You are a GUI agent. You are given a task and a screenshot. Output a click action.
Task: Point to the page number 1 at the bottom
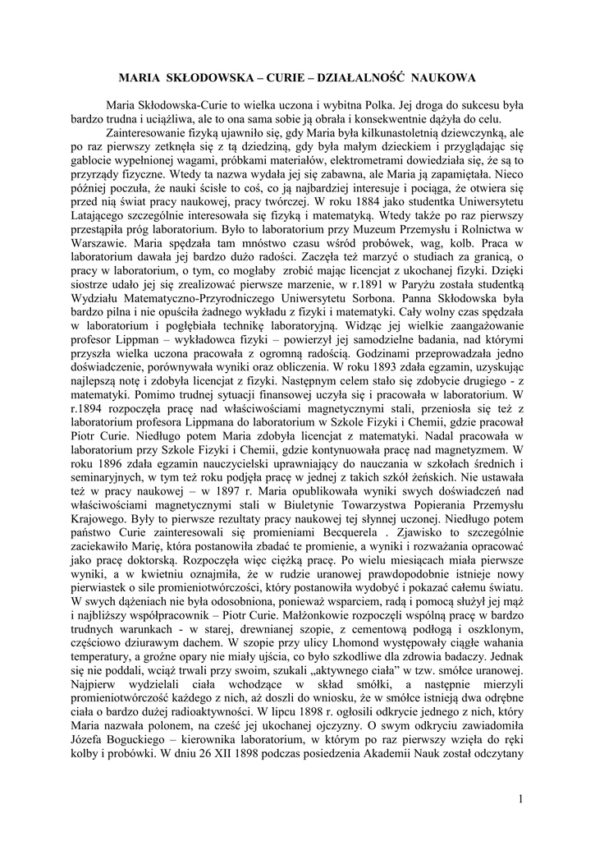click(520, 798)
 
